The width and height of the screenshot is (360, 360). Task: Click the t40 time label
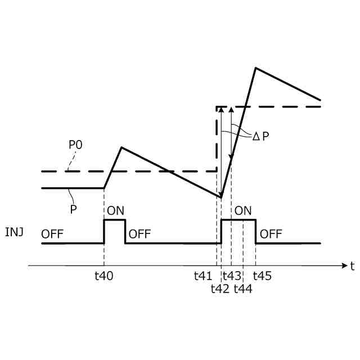coord(104,276)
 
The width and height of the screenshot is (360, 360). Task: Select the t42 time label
coord(220,289)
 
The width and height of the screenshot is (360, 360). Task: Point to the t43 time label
coord(232,276)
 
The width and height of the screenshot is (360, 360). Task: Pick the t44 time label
coord(242,289)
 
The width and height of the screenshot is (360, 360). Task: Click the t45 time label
coord(262,276)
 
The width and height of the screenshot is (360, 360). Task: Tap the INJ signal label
coord(14,232)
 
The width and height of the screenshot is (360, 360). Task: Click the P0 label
coord(75,145)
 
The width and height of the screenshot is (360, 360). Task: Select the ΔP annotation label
coord(260,136)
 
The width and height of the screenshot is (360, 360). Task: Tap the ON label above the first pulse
coord(115,211)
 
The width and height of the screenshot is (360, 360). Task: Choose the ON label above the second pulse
coord(243,211)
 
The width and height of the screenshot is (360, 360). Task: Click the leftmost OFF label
coord(53,234)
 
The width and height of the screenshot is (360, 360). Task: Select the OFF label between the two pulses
coord(139,234)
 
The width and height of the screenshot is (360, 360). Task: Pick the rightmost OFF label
coord(271,234)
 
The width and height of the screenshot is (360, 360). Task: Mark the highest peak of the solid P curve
coord(256,68)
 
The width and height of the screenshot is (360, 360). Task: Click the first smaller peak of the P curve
coord(121,147)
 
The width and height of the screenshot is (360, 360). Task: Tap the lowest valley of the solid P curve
coord(220,197)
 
